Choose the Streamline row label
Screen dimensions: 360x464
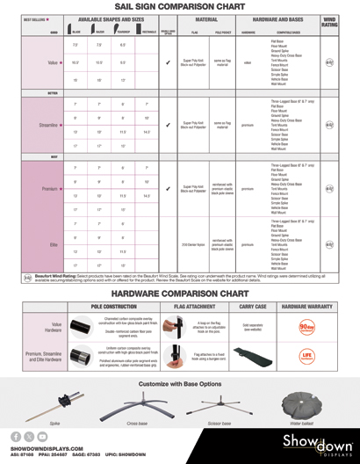coord(50,126)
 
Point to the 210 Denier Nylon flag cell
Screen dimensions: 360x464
coord(193,244)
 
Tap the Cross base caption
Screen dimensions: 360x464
coord(137,423)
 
